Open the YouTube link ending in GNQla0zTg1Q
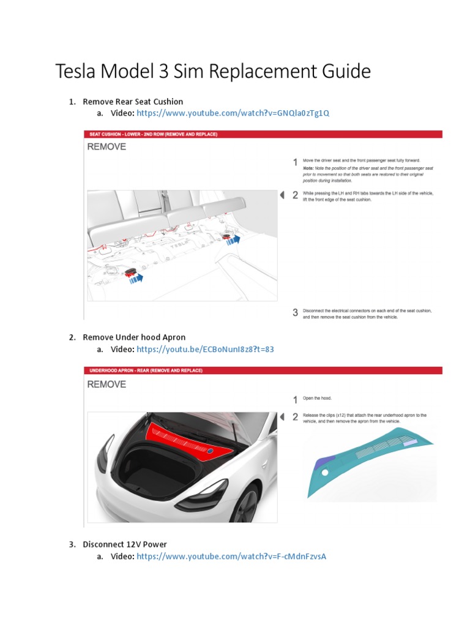(233, 113)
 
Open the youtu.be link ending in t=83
(205, 349)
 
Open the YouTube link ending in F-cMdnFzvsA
(231, 556)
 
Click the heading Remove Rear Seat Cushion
(133, 102)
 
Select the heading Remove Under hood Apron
(134, 337)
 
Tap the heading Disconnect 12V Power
(125, 544)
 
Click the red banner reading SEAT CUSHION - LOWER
(153, 134)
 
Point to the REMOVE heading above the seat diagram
(106, 147)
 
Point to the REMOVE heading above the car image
(106, 385)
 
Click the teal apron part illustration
(367, 465)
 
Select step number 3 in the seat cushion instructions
(295, 313)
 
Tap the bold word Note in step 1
(309, 168)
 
